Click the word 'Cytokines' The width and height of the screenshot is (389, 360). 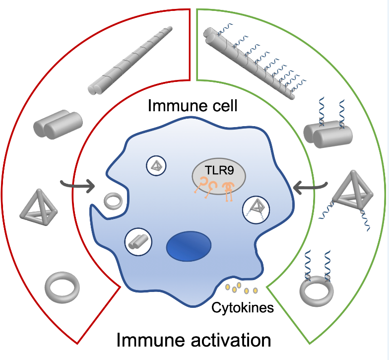pyautogui.click(x=243, y=308)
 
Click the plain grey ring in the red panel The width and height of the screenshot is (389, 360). pyautogui.click(x=62, y=287)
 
